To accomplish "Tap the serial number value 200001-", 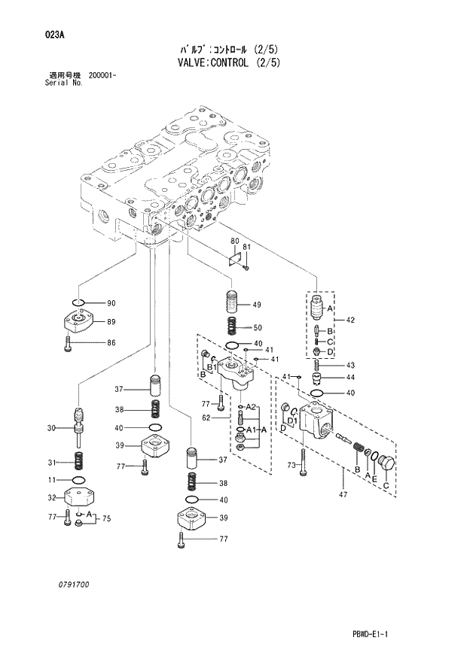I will point(102,76).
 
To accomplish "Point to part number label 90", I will point(111,304).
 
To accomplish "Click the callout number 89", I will point(111,323).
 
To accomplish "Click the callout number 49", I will point(257,305).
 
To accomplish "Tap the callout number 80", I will point(234,241).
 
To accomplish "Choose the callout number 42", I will point(350,321).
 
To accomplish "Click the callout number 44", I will point(350,378).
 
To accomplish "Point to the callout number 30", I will point(51,429).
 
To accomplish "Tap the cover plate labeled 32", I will point(78,497).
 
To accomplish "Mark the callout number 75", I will point(106,518).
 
